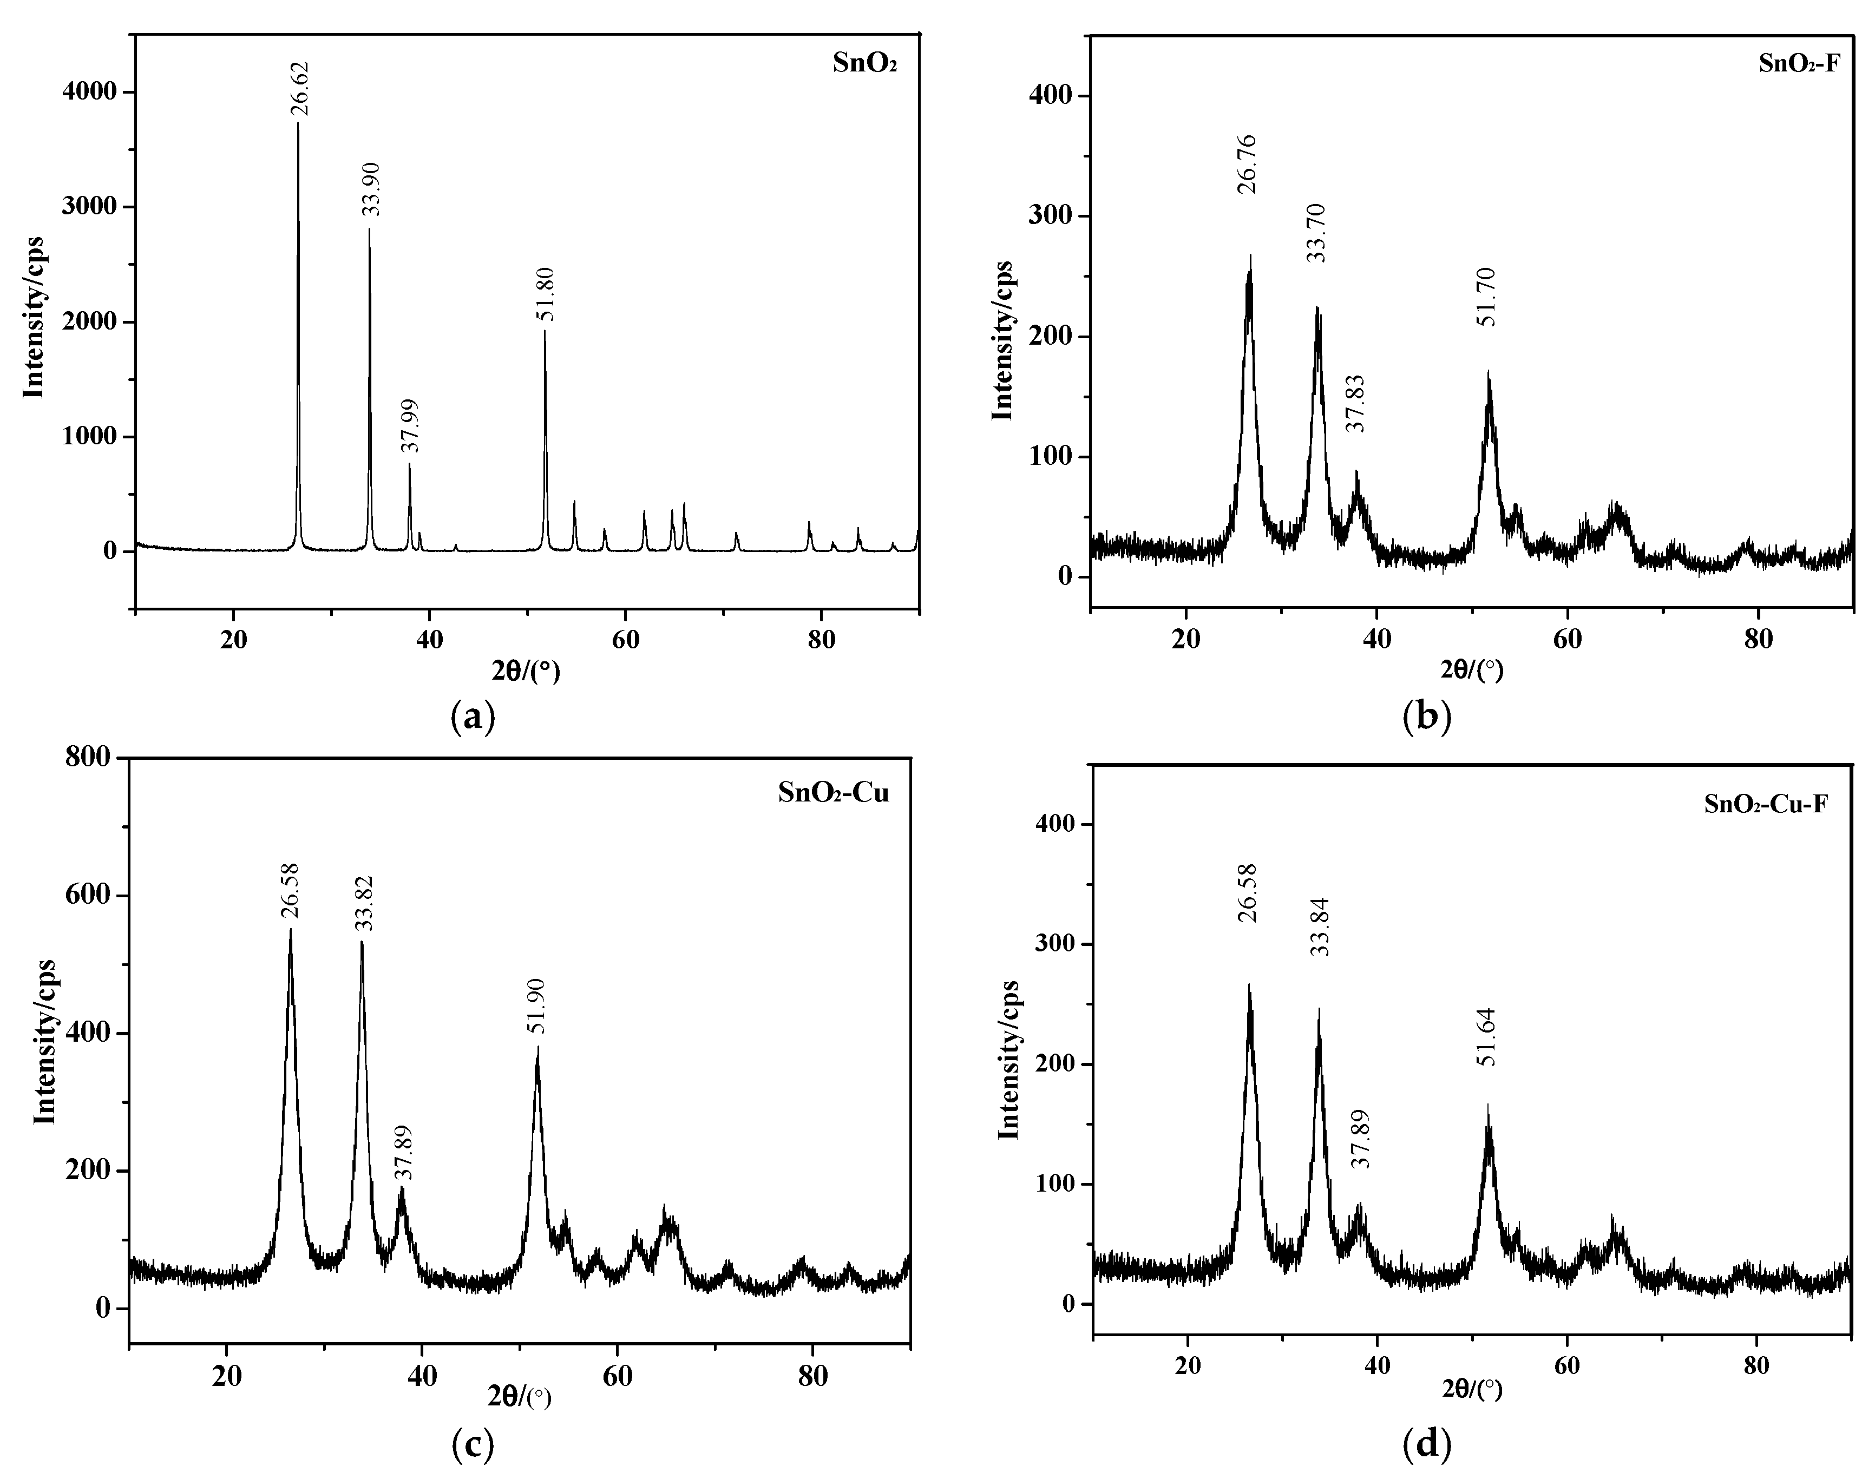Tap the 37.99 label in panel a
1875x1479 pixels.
[410, 425]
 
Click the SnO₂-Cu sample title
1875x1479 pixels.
[833, 793]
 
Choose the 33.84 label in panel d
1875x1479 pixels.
[1319, 926]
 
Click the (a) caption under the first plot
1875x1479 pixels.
[473, 717]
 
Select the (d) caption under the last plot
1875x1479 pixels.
[1426, 1443]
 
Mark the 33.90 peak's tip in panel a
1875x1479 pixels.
[369, 228]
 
